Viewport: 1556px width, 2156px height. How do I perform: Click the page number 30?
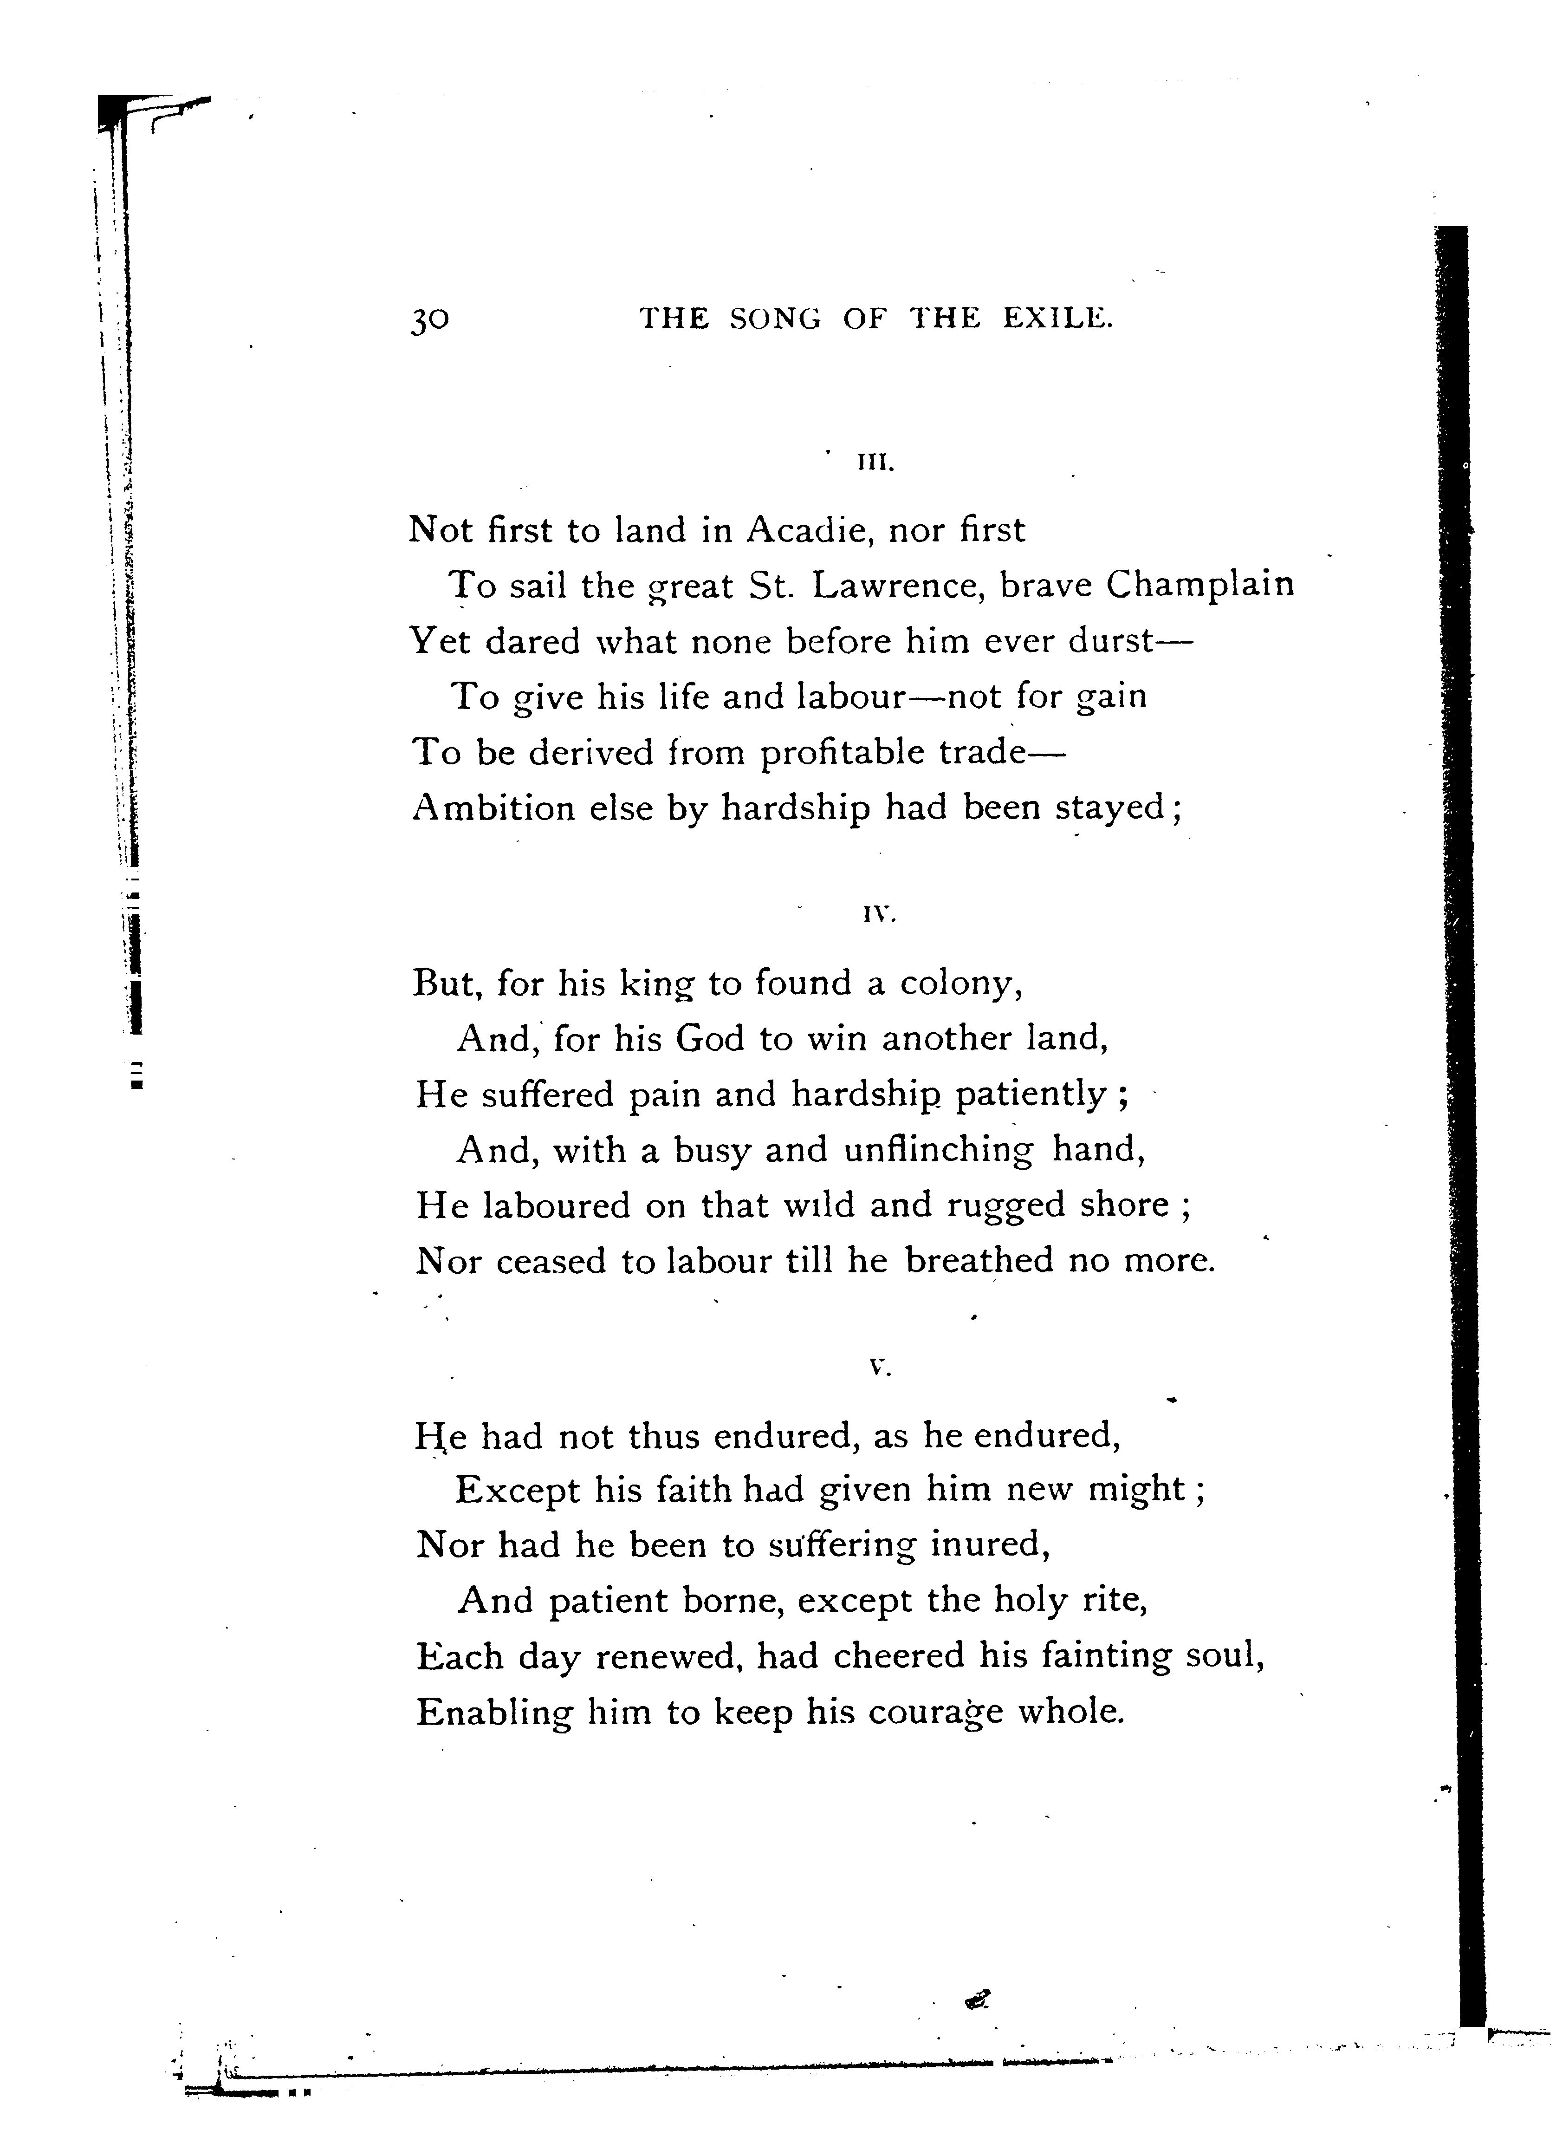coord(430,320)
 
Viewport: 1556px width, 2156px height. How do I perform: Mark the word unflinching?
coord(937,1151)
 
